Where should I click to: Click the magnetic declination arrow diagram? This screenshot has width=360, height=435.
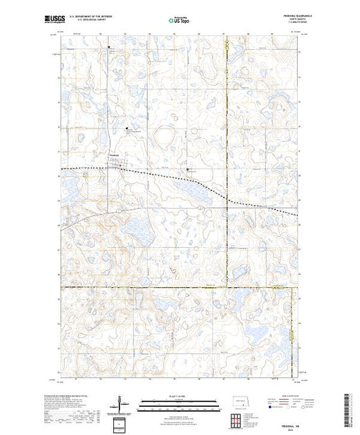pos(121,402)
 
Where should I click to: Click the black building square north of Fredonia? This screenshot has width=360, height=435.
pos(126,128)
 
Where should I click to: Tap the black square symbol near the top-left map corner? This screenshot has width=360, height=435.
pos(108,47)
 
